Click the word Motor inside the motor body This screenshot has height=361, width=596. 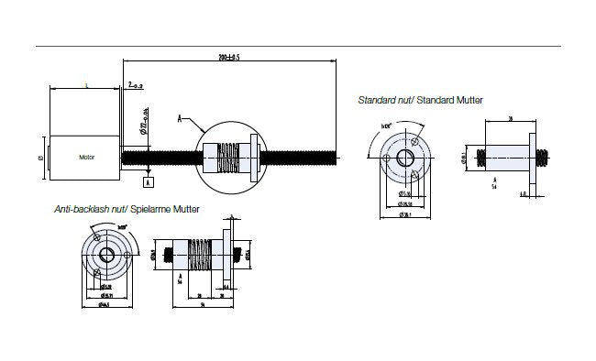87,157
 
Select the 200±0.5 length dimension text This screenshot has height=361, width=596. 229,57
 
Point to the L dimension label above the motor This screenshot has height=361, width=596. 85,85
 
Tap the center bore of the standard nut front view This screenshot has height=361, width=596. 405,157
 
